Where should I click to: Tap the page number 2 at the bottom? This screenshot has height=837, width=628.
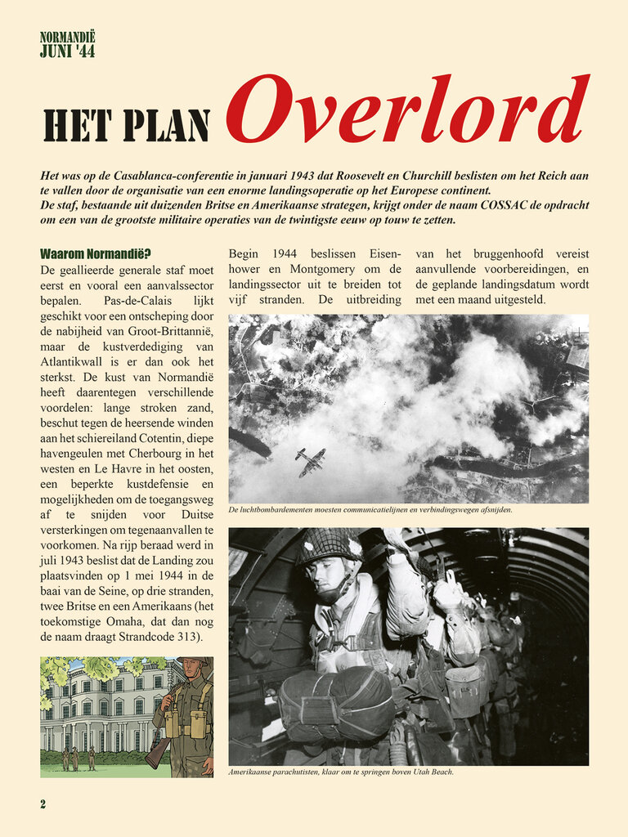pos(43,804)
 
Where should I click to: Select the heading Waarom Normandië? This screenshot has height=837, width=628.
pos(89,254)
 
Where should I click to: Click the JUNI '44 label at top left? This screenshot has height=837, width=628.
pos(67,51)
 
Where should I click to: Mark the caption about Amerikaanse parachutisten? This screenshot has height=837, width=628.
pos(339,772)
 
